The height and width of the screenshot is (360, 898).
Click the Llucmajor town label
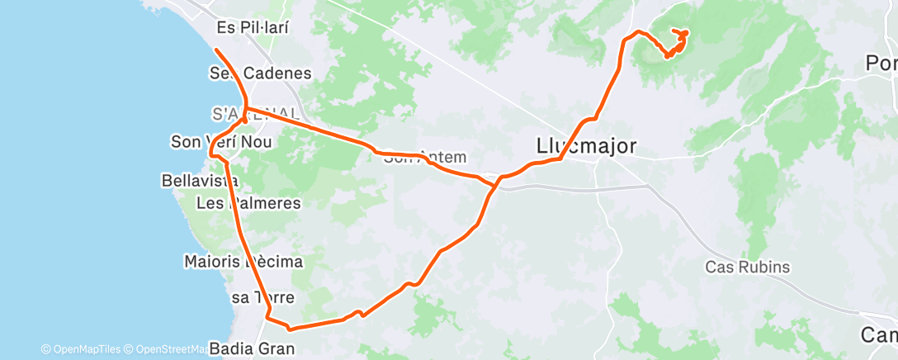[x=586, y=147]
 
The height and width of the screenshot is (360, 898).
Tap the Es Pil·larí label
[x=253, y=27]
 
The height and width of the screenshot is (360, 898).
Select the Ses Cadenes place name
[x=260, y=73]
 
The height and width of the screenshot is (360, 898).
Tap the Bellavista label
[x=201, y=180]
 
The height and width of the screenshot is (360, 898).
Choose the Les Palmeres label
[x=248, y=202]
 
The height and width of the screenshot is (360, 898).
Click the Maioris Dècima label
[x=243, y=263]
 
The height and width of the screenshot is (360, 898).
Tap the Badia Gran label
[x=252, y=348]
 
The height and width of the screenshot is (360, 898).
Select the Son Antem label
[x=425, y=157]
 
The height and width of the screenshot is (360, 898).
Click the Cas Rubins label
[x=748, y=268]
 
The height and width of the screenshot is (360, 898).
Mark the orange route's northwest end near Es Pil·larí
[x=216, y=50]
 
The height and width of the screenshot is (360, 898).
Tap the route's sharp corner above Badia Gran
[x=267, y=315]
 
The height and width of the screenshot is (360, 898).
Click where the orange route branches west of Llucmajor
[x=495, y=183]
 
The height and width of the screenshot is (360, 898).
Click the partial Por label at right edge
[x=881, y=63]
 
